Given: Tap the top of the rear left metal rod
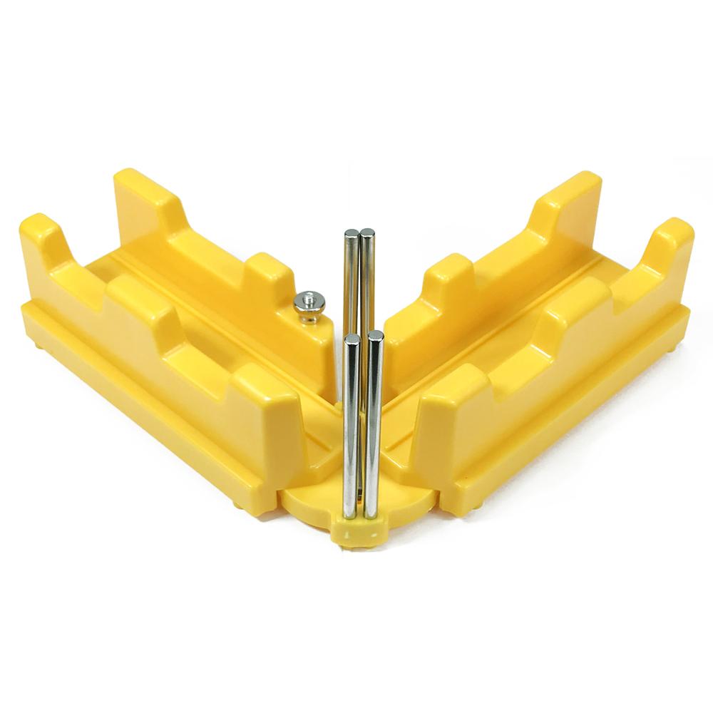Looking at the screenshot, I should coord(352,234).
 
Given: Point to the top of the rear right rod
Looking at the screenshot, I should coord(368,233).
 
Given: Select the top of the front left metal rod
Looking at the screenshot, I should coord(352,339).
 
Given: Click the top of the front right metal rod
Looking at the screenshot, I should coord(376,335).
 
